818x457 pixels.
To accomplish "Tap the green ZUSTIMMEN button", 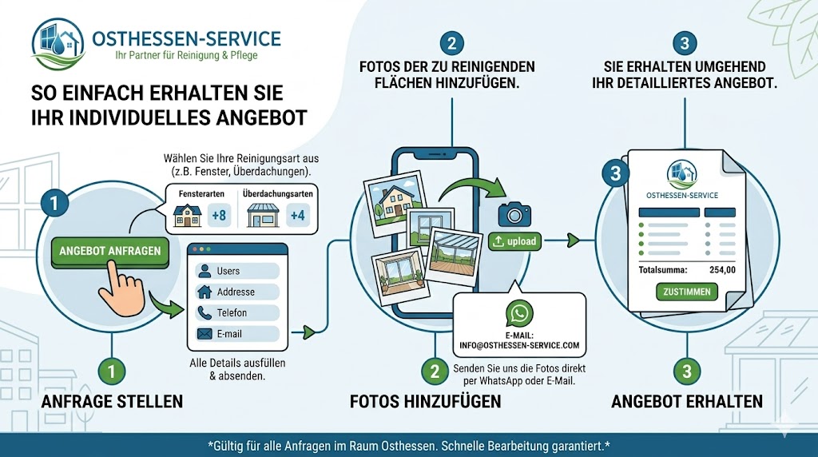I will pyautogui.click(x=687, y=292).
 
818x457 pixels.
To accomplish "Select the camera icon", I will pyautogui.click(x=514, y=214).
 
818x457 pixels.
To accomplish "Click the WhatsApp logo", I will pyautogui.click(x=519, y=312).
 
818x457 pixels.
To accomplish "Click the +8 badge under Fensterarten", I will pyautogui.click(x=219, y=216).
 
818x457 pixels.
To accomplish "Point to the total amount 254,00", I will pyautogui.click(x=721, y=270).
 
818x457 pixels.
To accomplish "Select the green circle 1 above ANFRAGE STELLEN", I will pyautogui.click(x=113, y=372).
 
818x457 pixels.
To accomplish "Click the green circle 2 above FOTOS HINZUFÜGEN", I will pyautogui.click(x=435, y=372).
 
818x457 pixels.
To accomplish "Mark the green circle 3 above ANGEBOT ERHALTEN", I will pyautogui.click(x=686, y=372).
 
